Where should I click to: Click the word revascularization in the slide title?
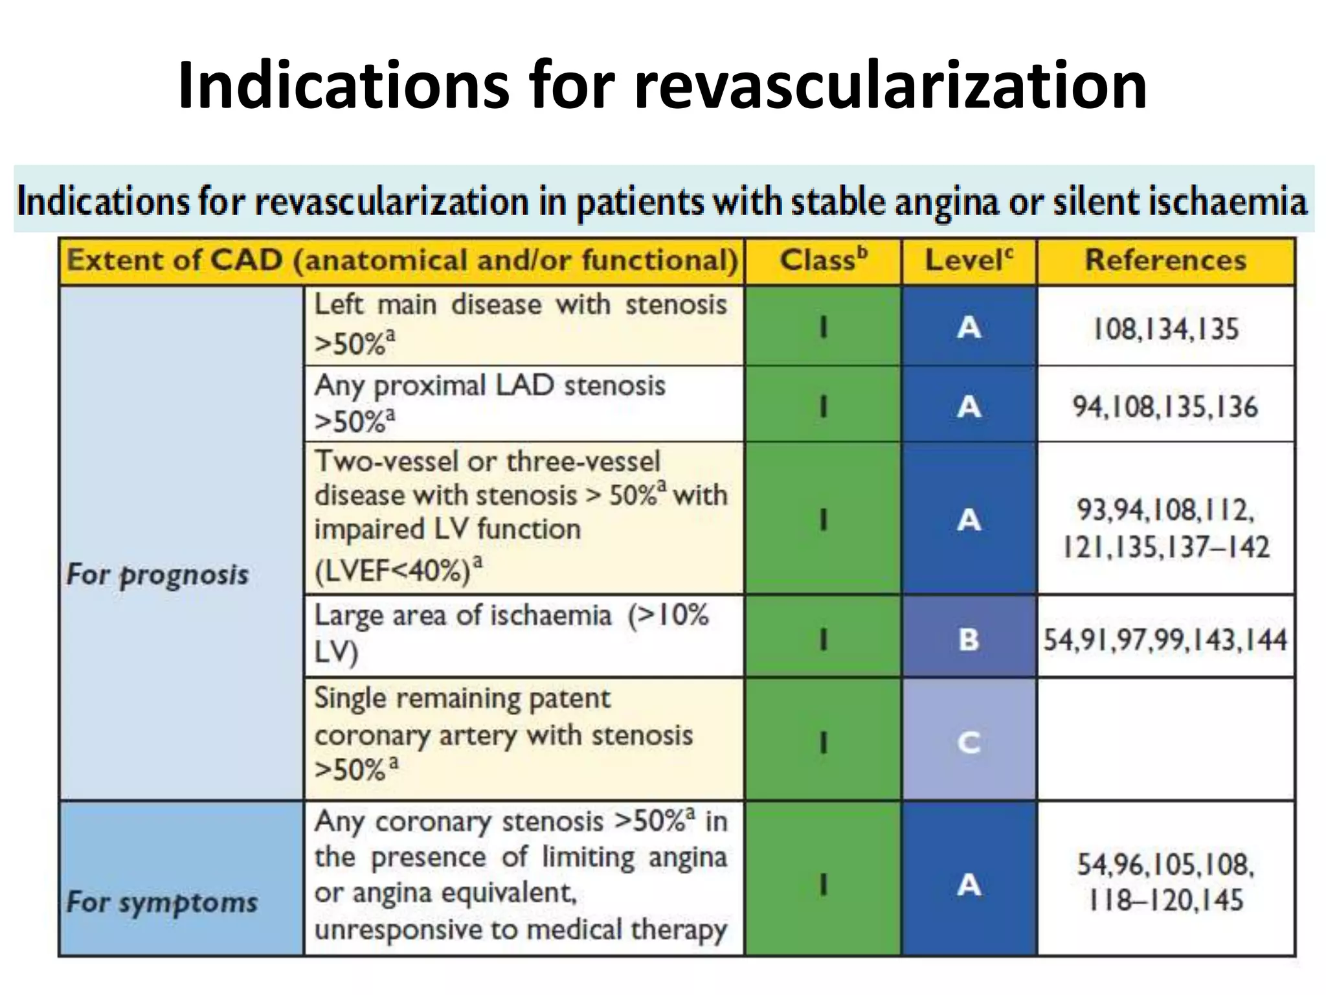click(890, 86)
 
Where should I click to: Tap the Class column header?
click(823, 260)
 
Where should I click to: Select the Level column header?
click(969, 260)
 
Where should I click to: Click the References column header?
click(1165, 260)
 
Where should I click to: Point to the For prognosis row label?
click(158, 575)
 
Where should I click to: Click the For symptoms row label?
click(162, 902)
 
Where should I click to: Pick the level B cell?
click(969, 639)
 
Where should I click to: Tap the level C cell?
click(969, 742)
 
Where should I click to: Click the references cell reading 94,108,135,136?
click(1165, 407)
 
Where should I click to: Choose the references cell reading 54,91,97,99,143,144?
click(1165, 640)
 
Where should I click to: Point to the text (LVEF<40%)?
click(395, 571)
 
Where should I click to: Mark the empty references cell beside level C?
click(1165, 738)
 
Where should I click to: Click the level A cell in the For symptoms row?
click(969, 884)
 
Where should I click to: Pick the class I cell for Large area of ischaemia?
click(823, 639)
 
